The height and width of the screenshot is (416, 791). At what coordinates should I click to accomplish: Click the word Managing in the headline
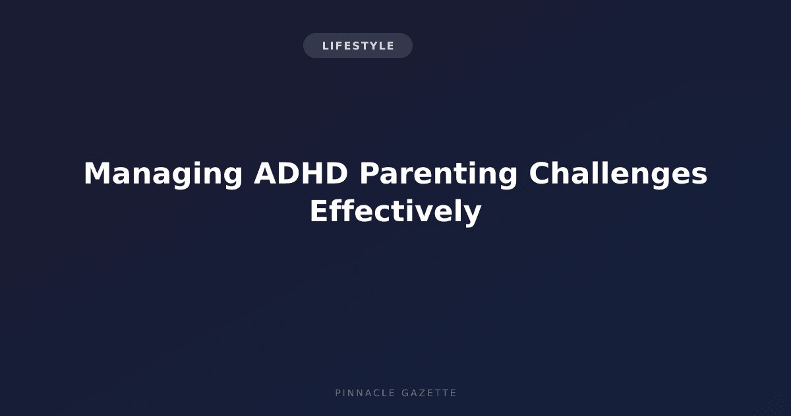(x=163, y=175)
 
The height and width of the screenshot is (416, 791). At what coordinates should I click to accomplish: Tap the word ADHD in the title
(x=301, y=173)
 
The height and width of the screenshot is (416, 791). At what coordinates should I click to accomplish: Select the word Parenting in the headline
(x=438, y=175)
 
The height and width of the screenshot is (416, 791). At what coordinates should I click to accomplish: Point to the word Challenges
(x=618, y=174)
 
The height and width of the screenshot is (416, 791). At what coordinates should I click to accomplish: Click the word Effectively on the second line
(x=396, y=211)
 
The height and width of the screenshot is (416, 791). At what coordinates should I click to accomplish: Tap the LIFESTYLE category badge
(x=358, y=46)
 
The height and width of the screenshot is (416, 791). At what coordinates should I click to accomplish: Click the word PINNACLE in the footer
(x=365, y=393)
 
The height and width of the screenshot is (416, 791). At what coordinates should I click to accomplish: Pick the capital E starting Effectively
(x=319, y=211)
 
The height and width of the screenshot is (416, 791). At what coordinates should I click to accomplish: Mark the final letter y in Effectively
(x=473, y=215)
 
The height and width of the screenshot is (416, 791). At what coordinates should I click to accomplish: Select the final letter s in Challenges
(x=699, y=177)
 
